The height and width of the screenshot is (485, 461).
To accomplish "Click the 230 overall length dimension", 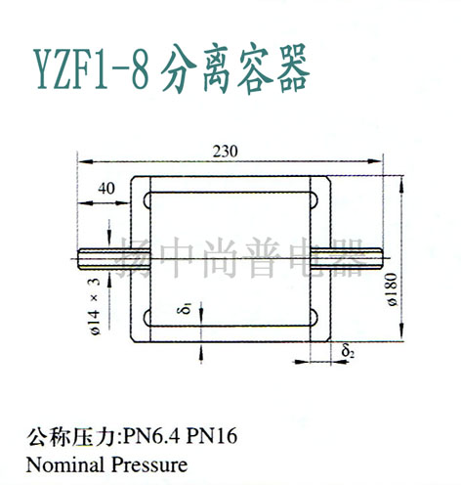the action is click(x=226, y=152).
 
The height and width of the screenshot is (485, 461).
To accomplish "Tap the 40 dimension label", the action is click(x=106, y=189).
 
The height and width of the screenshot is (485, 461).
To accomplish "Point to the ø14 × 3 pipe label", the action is click(x=95, y=306).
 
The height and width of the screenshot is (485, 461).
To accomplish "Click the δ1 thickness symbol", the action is click(x=187, y=309).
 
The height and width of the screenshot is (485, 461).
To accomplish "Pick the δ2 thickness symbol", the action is click(x=348, y=351).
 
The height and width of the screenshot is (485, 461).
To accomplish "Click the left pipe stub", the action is click(x=114, y=259).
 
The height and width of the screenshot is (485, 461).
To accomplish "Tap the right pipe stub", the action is click(x=347, y=259).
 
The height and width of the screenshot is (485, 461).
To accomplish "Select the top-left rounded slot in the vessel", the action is click(x=147, y=200).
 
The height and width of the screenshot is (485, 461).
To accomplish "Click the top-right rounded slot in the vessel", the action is click(x=314, y=200).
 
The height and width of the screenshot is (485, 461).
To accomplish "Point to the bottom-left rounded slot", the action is click(x=147, y=318).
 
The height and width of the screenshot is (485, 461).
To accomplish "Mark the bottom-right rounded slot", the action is click(x=314, y=318).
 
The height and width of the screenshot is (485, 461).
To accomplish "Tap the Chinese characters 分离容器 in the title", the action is click(x=235, y=68).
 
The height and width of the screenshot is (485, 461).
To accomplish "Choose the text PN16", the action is click(x=211, y=436).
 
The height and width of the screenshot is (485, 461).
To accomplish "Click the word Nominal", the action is click(x=66, y=465).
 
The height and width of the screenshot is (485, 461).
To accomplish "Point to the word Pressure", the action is click(x=149, y=465).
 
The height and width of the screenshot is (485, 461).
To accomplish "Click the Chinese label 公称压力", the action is click(x=73, y=436).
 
